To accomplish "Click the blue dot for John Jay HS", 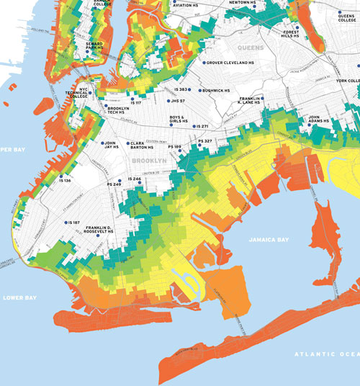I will click(103, 143).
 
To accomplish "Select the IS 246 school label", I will click(135, 179).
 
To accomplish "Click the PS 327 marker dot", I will click(194, 141).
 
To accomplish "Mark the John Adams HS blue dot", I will click(304, 118).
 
